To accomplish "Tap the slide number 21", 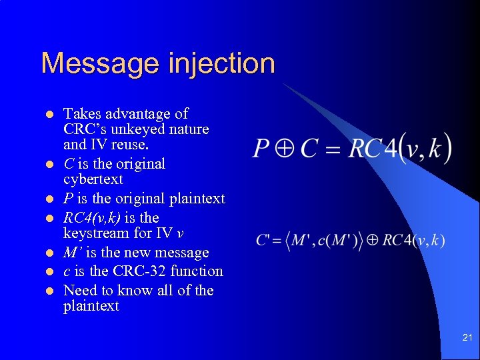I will point(467,339).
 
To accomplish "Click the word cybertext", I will point(93,179).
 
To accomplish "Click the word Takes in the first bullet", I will point(79,113).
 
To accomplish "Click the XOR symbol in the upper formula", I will point(285,149).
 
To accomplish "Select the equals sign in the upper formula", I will point(332,149).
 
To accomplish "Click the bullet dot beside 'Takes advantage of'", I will point(49,114).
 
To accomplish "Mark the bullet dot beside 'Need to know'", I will point(49,291).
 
